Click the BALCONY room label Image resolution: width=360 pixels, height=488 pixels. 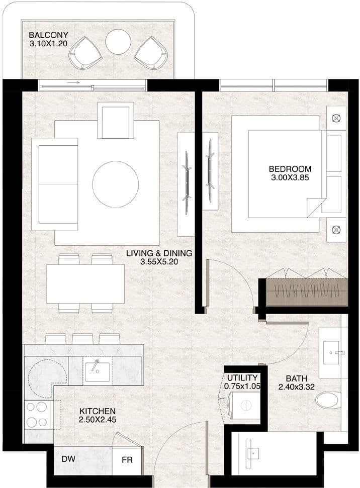coord(48,35)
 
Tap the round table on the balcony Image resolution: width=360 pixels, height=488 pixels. coord(118,42)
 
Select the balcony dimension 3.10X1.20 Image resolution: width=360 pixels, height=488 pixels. coord(48,44)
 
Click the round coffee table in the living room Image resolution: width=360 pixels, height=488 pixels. coord(116,184)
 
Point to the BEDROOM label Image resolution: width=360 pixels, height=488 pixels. coord(290,169)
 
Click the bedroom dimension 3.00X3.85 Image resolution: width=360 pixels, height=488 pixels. coord(290,178)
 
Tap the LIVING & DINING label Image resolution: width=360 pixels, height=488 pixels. coord(159,253)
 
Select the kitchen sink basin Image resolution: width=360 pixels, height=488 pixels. coord(98,372)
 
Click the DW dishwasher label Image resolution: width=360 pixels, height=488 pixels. coord(68,459)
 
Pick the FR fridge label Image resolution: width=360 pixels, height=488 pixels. coord(127,460)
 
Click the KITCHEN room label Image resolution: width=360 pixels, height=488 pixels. coord(97,411)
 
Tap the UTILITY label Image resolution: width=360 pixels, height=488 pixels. coord(242,378)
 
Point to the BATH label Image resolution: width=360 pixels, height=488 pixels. coord(297,378)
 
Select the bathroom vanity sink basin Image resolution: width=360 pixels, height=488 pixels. coord(331,353)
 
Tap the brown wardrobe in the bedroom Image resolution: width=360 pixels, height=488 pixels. coord(307,292)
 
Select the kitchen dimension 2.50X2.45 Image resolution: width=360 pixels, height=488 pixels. coord(98,420)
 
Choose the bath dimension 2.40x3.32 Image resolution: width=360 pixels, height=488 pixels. coord(297,387)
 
